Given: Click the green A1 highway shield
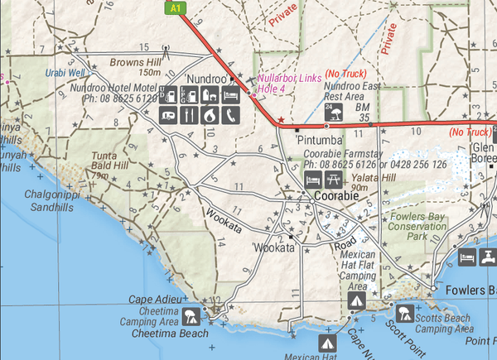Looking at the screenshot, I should tap(174, 7).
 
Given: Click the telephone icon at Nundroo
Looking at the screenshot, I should tap(227, 115).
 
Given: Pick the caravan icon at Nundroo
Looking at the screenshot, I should tap(170, 115).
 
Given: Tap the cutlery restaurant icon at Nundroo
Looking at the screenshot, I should tap(189, 115).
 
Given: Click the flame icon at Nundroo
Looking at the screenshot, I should tap(208, 115).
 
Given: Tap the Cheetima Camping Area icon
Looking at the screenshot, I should tap(191, 314).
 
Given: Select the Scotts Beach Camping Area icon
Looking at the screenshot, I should tap(403, 314).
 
